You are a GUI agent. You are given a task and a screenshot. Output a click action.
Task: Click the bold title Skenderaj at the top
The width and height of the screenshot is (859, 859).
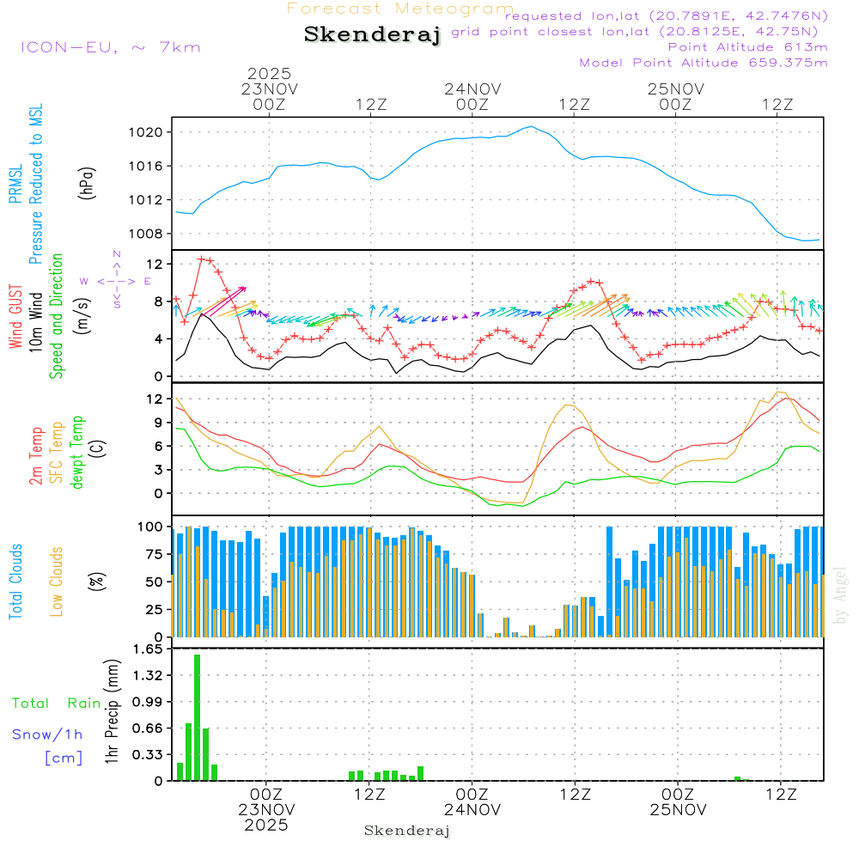click(x=372, y=34)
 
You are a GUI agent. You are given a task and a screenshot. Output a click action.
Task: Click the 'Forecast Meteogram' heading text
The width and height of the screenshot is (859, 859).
click(x=400, y=9)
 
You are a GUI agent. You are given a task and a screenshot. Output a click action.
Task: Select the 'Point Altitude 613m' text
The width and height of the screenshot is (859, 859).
click(x=747, y=47)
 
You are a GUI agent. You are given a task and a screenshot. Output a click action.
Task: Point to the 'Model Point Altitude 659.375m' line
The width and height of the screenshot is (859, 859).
click(x=704, y=63)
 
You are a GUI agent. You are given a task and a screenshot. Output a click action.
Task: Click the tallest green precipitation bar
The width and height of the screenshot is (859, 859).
click(x=197, y=717)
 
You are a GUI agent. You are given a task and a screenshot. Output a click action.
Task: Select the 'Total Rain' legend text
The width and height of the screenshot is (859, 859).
click(x=56, y=704)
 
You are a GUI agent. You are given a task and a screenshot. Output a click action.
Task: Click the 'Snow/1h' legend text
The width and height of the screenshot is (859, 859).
click(x=48, y=734)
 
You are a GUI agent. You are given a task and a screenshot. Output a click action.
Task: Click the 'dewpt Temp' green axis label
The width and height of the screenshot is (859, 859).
click(x=77, y=453)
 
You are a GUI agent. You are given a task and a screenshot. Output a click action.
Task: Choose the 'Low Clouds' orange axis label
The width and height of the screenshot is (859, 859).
click(x=57, y=582)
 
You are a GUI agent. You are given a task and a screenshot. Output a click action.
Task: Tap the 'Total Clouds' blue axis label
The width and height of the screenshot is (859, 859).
click(x=16, y=582)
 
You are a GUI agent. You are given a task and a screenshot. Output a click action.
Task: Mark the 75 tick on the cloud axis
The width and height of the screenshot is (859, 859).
click(x=151, y=554)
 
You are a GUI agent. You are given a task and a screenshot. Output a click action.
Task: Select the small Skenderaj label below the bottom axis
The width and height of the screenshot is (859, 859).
click(x=407, y=831)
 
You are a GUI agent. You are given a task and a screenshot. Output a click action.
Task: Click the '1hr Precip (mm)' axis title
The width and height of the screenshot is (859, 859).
click(x=112, y=715)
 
